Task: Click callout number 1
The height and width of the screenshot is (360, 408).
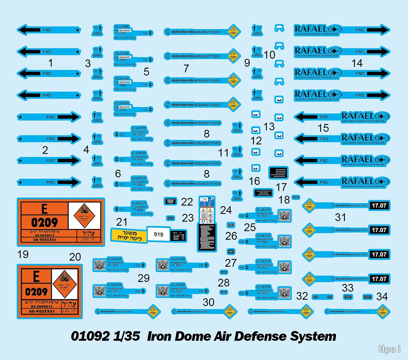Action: pyautogui.click(x=50, y=63)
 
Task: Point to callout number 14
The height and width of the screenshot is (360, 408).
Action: pyautogui.click(x=357, y=63)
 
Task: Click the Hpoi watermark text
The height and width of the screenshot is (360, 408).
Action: pyautogui.click(x=389, y=350)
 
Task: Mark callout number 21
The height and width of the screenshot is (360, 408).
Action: pyautogui.click(x=122, y=222)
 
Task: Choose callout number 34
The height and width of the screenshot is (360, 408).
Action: pyautogui.click(x=382, y=297)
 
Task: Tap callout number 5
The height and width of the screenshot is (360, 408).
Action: pyautogui.click(x=147, y=72)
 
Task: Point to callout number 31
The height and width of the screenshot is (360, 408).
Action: pyautogui.click(x=340, y=217)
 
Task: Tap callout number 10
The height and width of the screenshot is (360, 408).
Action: pyautogui.click(x=270, y=55)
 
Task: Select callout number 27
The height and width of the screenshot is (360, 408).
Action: pyautogui.click(x=231, y=263)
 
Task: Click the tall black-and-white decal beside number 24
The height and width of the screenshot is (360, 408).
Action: pyautogui.click(x=207, y=224)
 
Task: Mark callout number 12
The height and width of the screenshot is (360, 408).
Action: pyautogui.click(x=256, y=140)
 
